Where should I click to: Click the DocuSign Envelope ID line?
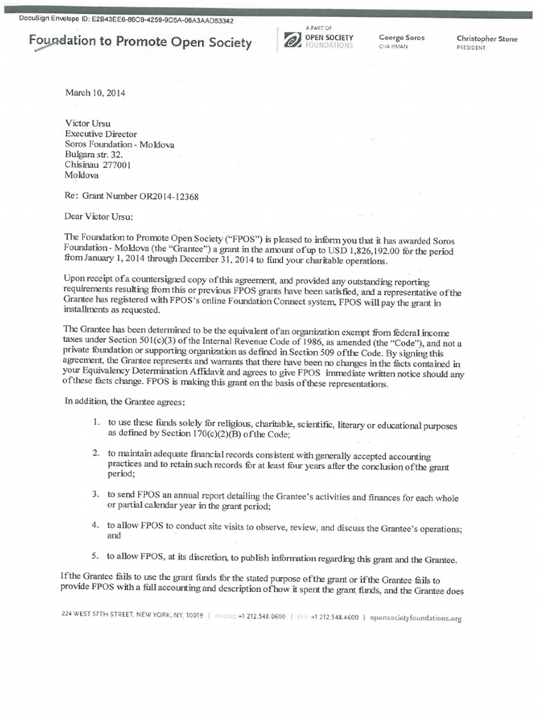pyautogui.click(x=129, y=20)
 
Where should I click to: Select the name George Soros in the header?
pyautogui.click(x=402, y=37)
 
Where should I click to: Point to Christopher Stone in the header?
pyautogui.click(x=486, y=39)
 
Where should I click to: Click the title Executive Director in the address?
pyautogui.click(x=101, y=133)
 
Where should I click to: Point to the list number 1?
pyautogui.click(x=96, y=425)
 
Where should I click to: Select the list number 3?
pyautogui.click(x=96, y=496)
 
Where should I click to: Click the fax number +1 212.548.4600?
pyautogui.click(x=334, y=617)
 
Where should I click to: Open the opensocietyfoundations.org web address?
pyautogui.click(x=415, y=618)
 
